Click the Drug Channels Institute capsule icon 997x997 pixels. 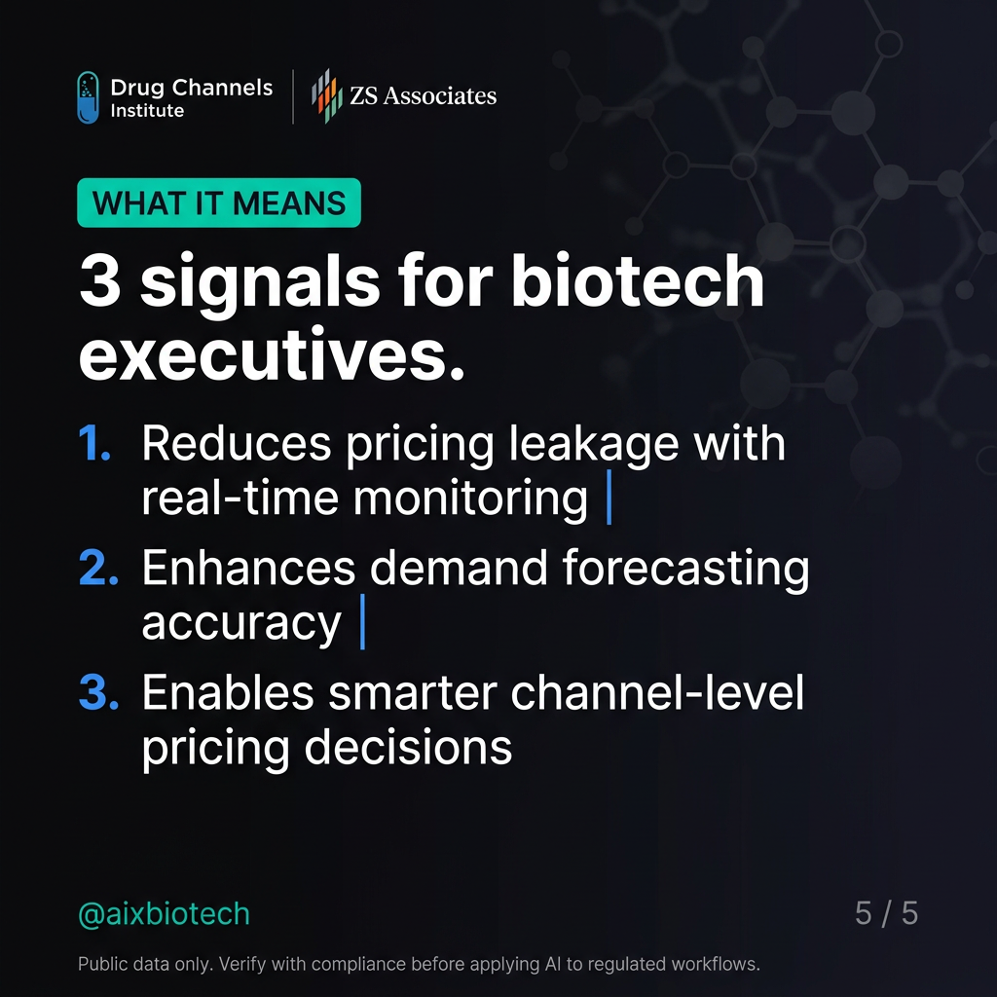click(88, 97)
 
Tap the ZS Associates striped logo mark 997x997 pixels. click(325, 96)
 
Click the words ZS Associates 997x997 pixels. click(423, 95)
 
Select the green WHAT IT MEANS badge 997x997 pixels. click(219, 203)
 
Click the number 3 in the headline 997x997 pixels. click(98, 283)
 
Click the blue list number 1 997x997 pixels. click(94, 445)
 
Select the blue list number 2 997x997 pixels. click(97, 570)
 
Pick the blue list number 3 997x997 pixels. click(97, 693)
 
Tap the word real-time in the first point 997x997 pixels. click(240, 499)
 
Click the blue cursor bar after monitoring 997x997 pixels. click(609, 499)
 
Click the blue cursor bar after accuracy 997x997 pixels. click(362, 624)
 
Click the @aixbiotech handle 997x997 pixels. click(164, 914)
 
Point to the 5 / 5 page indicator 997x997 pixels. click(886, 913)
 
